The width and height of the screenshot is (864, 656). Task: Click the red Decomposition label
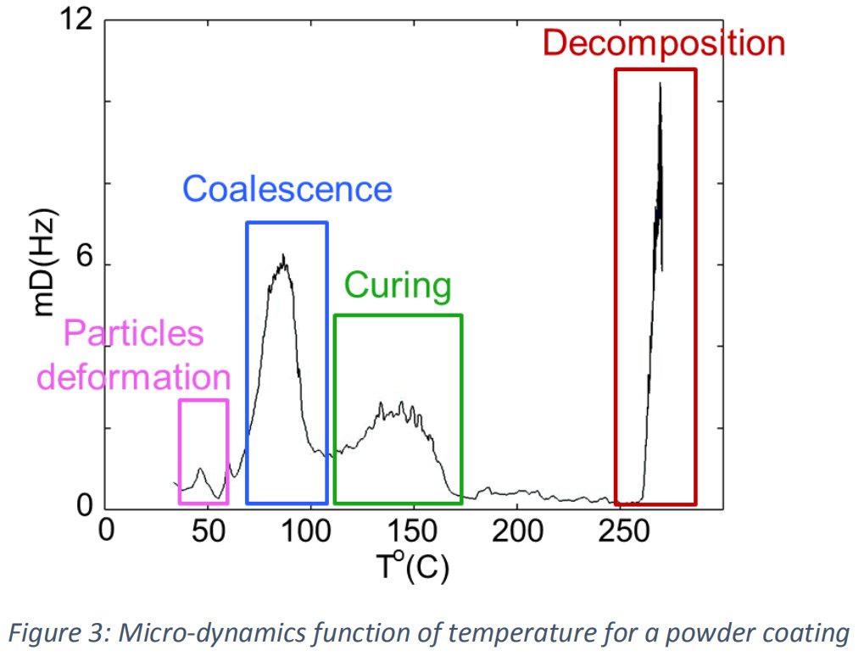coord(664,42)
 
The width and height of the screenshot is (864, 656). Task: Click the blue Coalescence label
coord(287,189)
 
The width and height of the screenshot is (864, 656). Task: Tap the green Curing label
coord(398,286)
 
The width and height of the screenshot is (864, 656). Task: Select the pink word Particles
coord(134,333)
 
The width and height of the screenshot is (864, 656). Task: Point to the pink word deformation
coord(135,376)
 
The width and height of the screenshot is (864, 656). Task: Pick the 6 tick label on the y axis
coord(85,264)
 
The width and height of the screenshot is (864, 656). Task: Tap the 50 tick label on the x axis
coord(208,531)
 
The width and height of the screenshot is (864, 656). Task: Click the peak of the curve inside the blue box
coord(284,256)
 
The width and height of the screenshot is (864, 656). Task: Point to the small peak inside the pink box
coord(201,469)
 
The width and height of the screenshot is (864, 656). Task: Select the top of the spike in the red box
coord(660,83)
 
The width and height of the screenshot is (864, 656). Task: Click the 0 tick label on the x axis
coord(105,531)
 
